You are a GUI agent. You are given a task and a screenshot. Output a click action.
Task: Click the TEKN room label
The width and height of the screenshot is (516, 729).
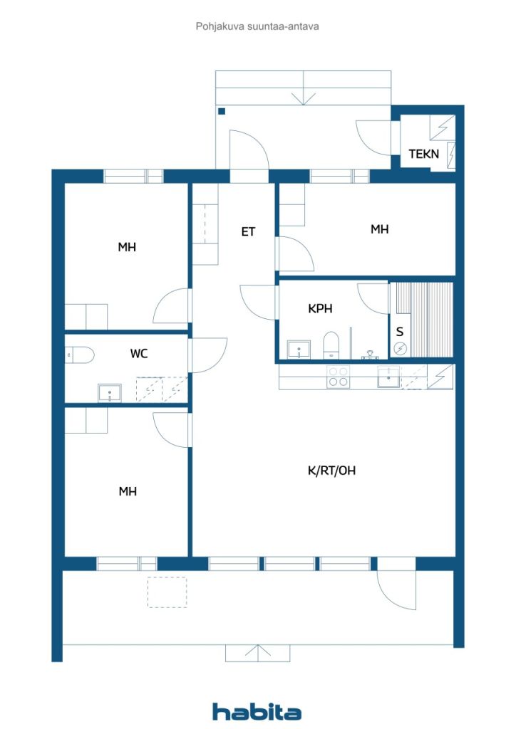423,154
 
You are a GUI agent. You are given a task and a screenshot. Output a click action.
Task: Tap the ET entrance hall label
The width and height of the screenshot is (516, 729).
248,231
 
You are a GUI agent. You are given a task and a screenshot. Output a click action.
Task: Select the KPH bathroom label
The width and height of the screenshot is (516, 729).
320,308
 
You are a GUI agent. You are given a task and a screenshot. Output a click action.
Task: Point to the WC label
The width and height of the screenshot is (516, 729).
139,354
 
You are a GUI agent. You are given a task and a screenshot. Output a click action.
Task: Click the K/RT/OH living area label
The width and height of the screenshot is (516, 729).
331,471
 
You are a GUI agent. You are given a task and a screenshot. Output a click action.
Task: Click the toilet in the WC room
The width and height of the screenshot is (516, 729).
80,355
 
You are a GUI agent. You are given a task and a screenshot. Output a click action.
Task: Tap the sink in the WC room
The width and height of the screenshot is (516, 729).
109,393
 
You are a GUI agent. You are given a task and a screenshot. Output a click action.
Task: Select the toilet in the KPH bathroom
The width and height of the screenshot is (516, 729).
331,345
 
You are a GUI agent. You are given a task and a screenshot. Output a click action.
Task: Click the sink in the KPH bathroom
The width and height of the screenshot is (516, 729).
299,350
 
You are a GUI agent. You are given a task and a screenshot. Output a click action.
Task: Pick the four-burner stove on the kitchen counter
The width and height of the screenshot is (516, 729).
339,377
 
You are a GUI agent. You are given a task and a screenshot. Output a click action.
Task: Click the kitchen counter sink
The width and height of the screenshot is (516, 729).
388,377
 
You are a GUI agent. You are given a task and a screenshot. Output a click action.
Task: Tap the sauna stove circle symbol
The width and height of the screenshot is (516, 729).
400,347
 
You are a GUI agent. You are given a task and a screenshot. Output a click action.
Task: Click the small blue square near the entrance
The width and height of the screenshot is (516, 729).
222,111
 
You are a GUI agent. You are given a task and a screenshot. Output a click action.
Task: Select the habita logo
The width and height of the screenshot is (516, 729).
257,712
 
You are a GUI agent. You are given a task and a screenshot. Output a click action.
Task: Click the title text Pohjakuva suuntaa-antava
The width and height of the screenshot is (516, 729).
257,26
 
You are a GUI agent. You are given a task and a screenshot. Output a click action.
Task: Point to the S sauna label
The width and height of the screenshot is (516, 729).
400,332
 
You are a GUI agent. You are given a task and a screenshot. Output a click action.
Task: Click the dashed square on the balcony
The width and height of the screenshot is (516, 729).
167,592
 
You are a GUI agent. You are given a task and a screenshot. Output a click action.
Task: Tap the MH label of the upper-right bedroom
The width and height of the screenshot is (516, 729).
379,229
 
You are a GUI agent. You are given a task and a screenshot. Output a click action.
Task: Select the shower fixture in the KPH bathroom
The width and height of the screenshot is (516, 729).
370,355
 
